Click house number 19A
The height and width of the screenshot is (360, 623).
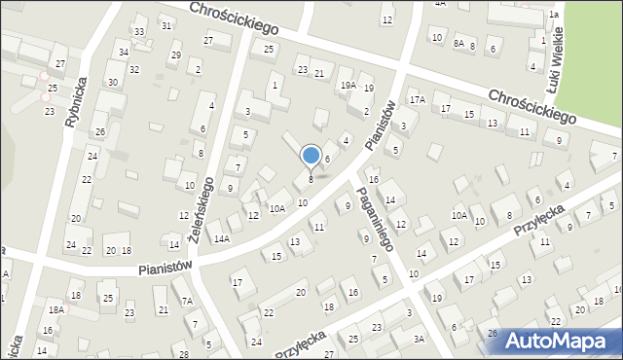click(348, 86)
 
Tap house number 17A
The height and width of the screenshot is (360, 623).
click(418, 99)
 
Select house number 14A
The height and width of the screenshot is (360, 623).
click(222, 238)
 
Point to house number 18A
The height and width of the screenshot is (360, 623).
click(56, 309)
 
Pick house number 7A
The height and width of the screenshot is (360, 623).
click(186, 302)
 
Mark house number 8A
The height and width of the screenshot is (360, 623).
click(458, 45)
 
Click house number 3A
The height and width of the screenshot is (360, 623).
click(419, 339)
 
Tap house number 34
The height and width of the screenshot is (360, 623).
click(123, 52)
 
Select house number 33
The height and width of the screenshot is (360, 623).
click(139, 32)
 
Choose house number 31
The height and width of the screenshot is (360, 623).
click(166, 24)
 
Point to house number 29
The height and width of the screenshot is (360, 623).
click(175, 55)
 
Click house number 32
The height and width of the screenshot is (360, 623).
click(134, 69)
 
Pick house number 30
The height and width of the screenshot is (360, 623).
click(113, 82)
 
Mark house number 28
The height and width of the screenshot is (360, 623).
click(184, 352)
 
